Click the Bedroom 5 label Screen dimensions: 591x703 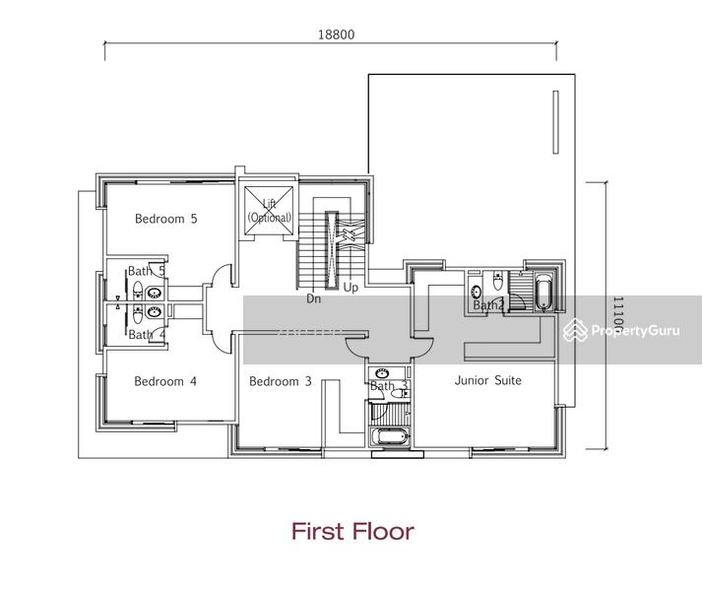(165, 219)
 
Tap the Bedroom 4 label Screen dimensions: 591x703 (165, 381)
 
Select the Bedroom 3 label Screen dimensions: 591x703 (280, 381)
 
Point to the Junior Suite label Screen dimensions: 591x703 (487, 380)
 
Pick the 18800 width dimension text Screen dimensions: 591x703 (335, 33)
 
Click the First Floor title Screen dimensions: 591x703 (351, 532)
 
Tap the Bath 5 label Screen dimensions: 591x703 (147, 271)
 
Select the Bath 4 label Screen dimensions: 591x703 (147, 335)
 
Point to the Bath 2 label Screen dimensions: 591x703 (487, 305)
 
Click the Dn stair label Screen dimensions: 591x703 (314, 297)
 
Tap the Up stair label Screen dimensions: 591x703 (350, 289)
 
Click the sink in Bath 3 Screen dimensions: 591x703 (382, 373)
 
